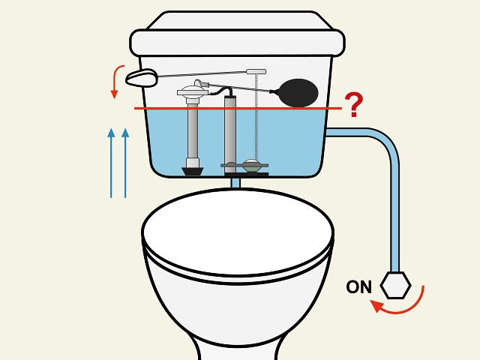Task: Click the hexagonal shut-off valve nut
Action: [395, 285]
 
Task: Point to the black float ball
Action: [297, 92]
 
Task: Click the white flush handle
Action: [142, 76]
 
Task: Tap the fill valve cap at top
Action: [193, 92]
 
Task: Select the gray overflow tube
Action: [230, 131]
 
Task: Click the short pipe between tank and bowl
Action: [235, 181]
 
